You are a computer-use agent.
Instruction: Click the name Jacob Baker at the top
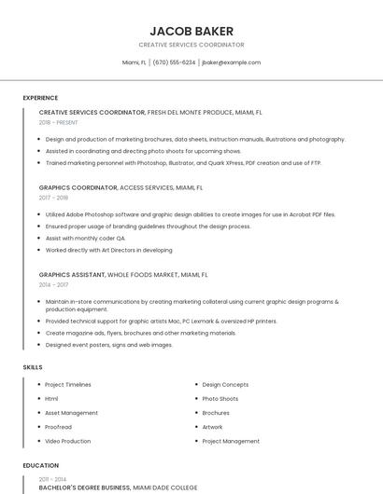pyautogui.click(x=191, y=31)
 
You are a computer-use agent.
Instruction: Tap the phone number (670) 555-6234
pyautogui.click(x=174, y=62)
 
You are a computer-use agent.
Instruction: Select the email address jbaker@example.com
pyautogui.click(x=231, y=62)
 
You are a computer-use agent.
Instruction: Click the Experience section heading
pyautogui.click(x=40, y=98)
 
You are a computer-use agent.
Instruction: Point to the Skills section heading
pyautogui.click(x=33, y=367)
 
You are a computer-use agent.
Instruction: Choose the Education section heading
pyautogui.click(x=40, y=465)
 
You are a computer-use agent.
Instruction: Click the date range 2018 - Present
pyautogui.click(x=59, y=122)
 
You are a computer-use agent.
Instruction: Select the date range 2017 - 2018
pyautogui.click(x=54, y=198)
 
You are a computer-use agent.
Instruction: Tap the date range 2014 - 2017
pyautogui.click(x=54, y=285)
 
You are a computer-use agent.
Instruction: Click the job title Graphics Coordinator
pyautogui.click(x=78, y=187)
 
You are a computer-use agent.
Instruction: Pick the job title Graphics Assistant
pyautogui.click(x=73, y=275)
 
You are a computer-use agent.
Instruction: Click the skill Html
pyautogui.click(x=51, y=398)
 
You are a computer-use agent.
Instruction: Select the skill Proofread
pyautogui.click(x=58, y=427)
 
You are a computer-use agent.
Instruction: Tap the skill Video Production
pyautogui.click(x=68, y=441)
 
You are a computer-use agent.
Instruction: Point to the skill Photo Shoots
pyautogui.click(x=220, y=398)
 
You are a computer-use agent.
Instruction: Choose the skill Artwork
pyautogui.click(x=213, y=427)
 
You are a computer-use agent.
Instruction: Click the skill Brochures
pyautogui.click(x=216, y=413)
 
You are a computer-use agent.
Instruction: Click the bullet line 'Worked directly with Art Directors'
pyautogui.click(x=109, y=250)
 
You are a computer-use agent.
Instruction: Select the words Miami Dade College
pyautogui.click(x=165, y=487)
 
